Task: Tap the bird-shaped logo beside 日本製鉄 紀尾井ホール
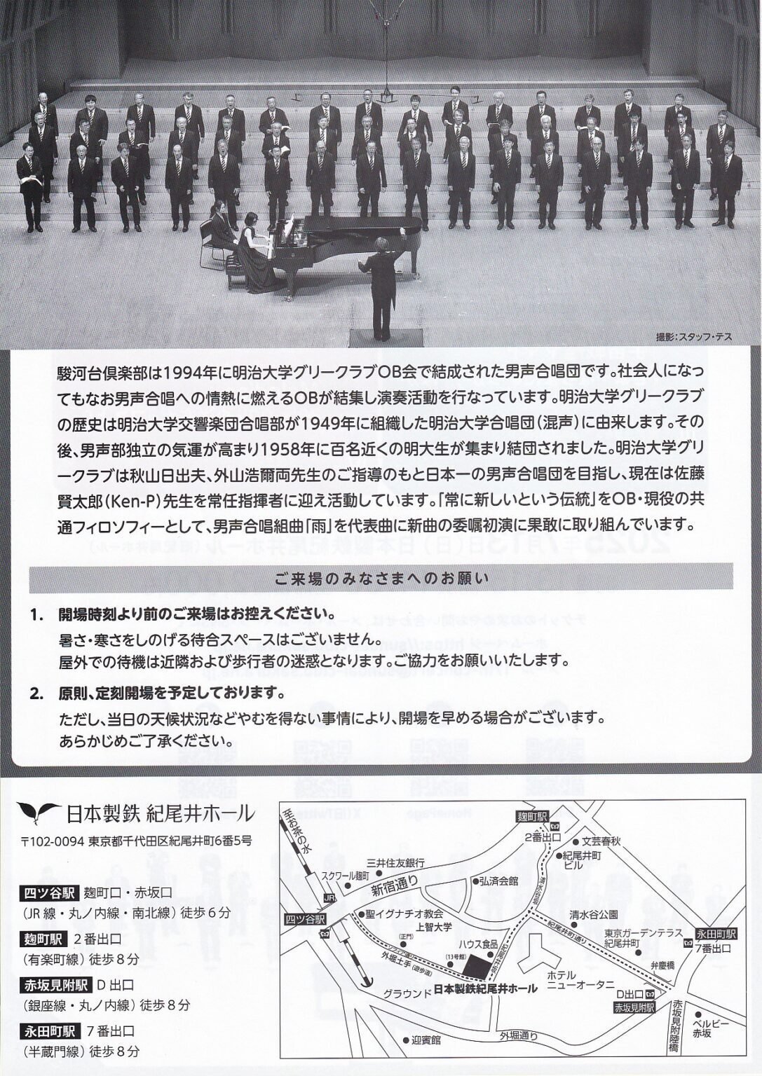pos(39,813)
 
